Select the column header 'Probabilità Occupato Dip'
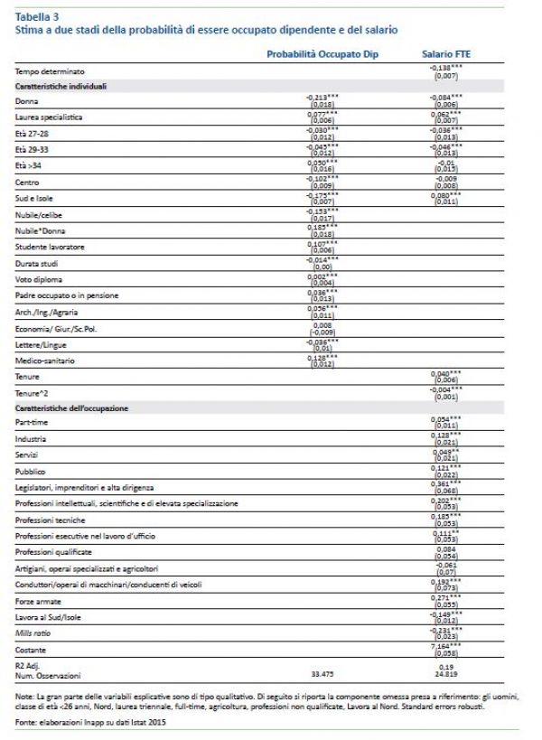(x=322, y=54)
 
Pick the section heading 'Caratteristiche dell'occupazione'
(x=66, y=408)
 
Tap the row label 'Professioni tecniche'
(x=49, y=520)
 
